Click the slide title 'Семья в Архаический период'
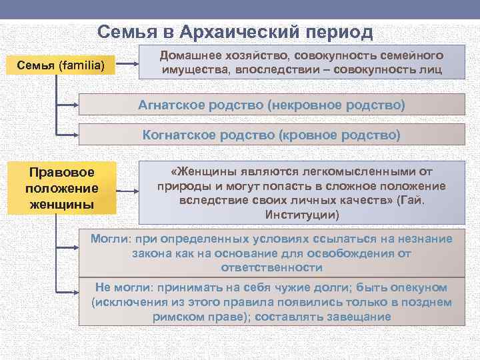click(235, 32)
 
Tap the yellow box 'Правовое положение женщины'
click(61, 188)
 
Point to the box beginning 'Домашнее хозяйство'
click(301, 63)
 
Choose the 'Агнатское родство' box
click(271, 105)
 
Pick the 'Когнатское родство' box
click(271, 135)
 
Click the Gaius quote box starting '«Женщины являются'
click(301, 193)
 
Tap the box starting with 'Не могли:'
click(271, 302)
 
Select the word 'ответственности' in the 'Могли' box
click(271, 268)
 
